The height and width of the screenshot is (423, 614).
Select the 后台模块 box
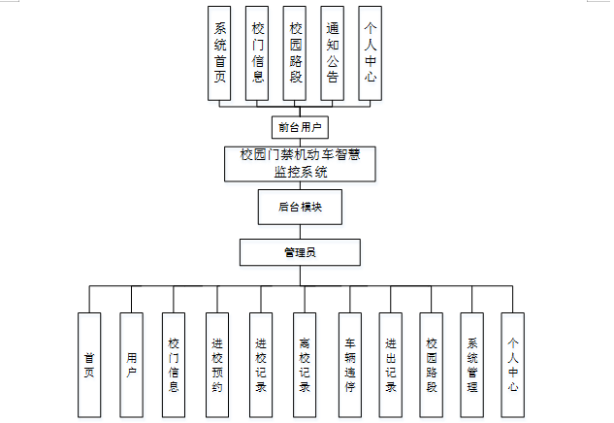tap(299, 207)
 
